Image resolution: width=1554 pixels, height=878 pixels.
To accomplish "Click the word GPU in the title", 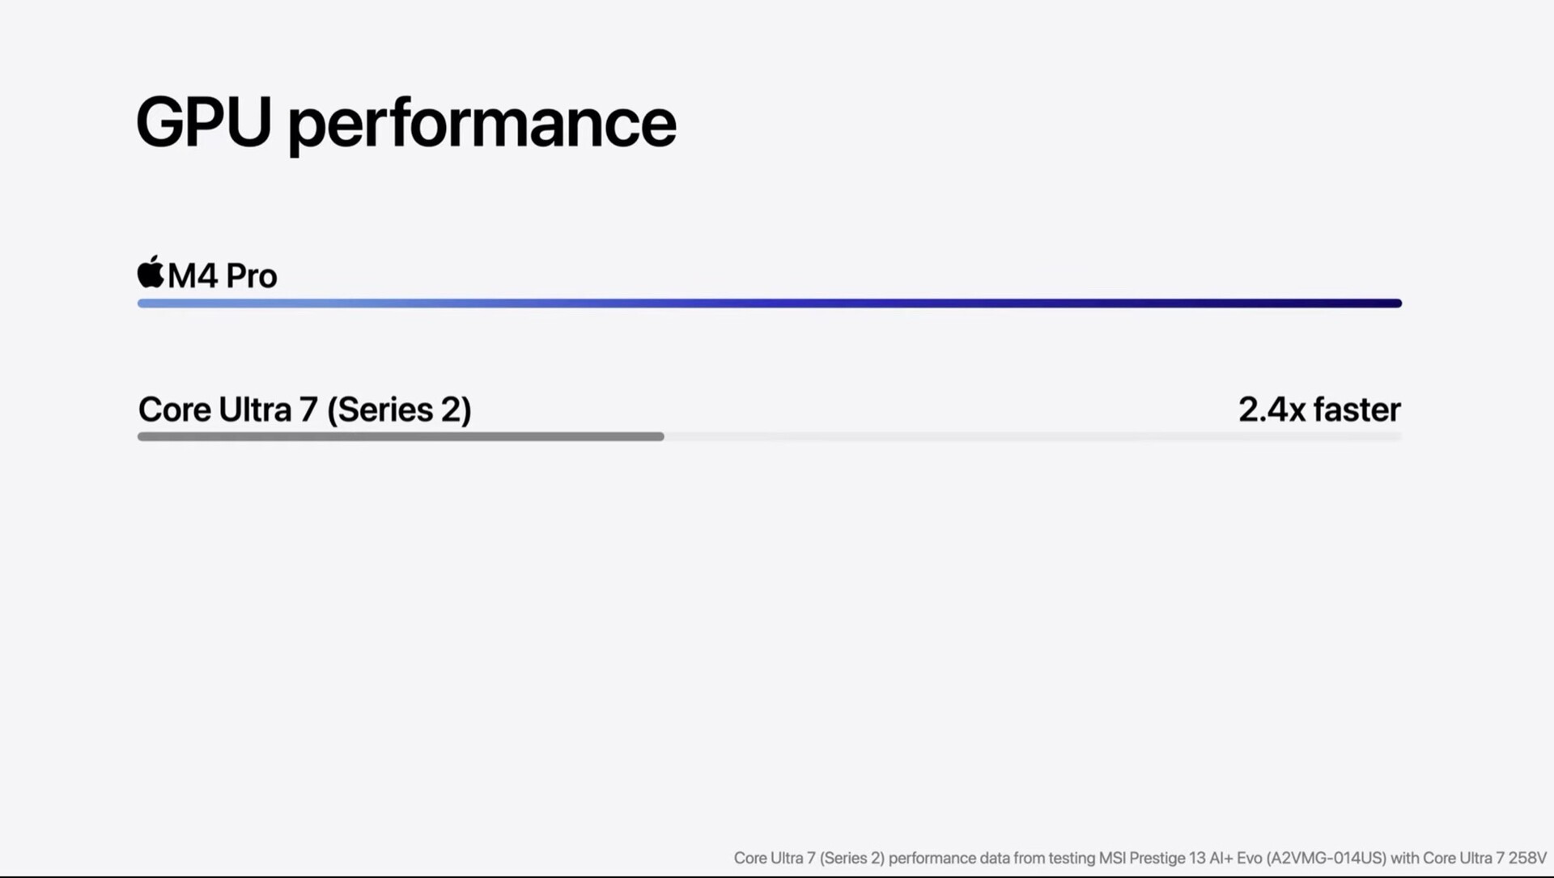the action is tap(204, 121).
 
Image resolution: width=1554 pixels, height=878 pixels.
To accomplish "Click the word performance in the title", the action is tap(482, 126).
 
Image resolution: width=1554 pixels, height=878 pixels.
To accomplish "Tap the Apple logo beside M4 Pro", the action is tap(151, 272).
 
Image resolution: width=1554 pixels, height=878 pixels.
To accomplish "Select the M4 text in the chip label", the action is tap(193, 276).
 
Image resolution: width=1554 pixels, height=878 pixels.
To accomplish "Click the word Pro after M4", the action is tap(252, 276).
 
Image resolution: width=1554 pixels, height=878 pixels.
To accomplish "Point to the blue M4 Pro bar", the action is tap(770, 303).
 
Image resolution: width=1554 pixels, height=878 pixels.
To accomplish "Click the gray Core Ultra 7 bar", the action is tap(401, 437).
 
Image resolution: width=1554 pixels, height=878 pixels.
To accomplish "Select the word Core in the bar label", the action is tap(175, 409).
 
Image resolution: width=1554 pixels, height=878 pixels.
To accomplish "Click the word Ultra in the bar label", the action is tap(255, 409).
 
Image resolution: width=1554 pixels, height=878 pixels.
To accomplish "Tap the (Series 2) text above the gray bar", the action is tap(400, 410).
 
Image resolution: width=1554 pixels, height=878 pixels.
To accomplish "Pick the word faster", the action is tap(1357, 409).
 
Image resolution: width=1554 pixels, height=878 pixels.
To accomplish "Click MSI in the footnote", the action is tap(1111, 858).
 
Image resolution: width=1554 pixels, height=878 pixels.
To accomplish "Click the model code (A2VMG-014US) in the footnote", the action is tap(1327, 859).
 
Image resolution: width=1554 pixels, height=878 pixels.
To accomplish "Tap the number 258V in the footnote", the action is tap(1527, 858).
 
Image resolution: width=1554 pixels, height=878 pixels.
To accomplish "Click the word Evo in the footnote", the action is tap(1249, 858).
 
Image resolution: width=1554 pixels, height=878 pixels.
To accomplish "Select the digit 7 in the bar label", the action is tap(308, 409).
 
